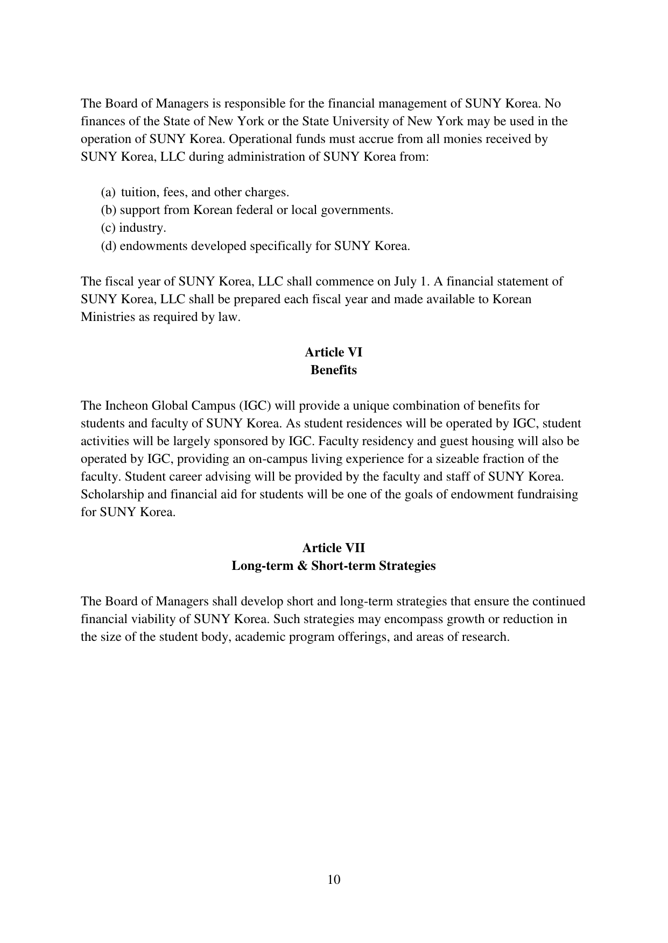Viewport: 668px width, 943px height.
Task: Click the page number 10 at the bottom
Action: [x=334, y=880]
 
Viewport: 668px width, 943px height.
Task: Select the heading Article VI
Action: [x=334, y=352]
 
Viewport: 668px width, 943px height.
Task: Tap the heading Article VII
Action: [x=334, y=548]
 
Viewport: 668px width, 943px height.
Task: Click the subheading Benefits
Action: [x=334, y=370]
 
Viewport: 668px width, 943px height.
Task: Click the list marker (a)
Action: [x=108, y=192]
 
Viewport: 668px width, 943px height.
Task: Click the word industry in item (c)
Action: [x=142, y=228]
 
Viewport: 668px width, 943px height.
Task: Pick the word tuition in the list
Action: [x=138, y=192]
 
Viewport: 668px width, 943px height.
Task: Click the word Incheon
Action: [x=125, y=405]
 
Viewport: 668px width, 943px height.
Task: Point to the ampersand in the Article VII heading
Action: [x=301, y=566]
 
